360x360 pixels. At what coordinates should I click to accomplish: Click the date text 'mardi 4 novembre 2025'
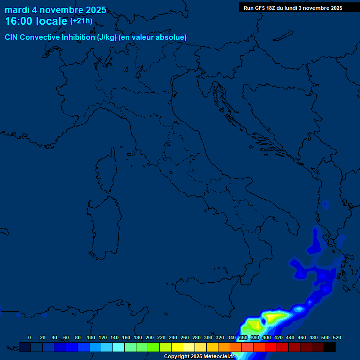[55, 10]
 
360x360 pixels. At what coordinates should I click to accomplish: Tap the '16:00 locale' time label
[36, 21]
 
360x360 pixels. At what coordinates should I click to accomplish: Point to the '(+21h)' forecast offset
[81, 21]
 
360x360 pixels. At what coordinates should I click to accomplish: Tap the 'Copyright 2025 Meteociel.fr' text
[199, 356]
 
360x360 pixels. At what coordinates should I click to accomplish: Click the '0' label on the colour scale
[30, 337]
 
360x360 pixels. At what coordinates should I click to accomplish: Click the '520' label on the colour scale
[337, 337]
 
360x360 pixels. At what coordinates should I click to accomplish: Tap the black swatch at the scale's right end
[330, 347]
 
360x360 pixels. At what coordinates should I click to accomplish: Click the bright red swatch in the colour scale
[271, 347]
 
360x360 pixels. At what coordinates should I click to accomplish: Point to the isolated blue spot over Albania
[325, 204]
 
